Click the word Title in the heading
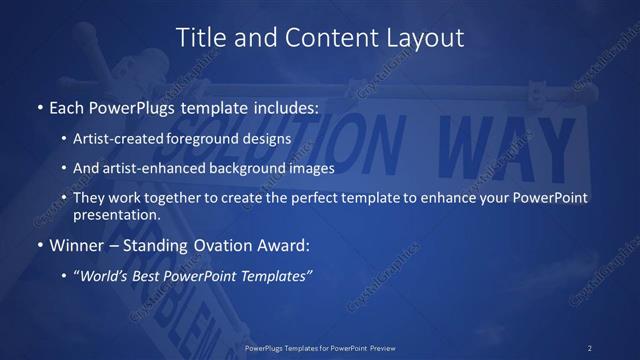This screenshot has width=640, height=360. [x=200, y=38]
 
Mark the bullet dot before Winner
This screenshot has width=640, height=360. [x=39, y=244]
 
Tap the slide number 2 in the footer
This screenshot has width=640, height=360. [x=589, y=348]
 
